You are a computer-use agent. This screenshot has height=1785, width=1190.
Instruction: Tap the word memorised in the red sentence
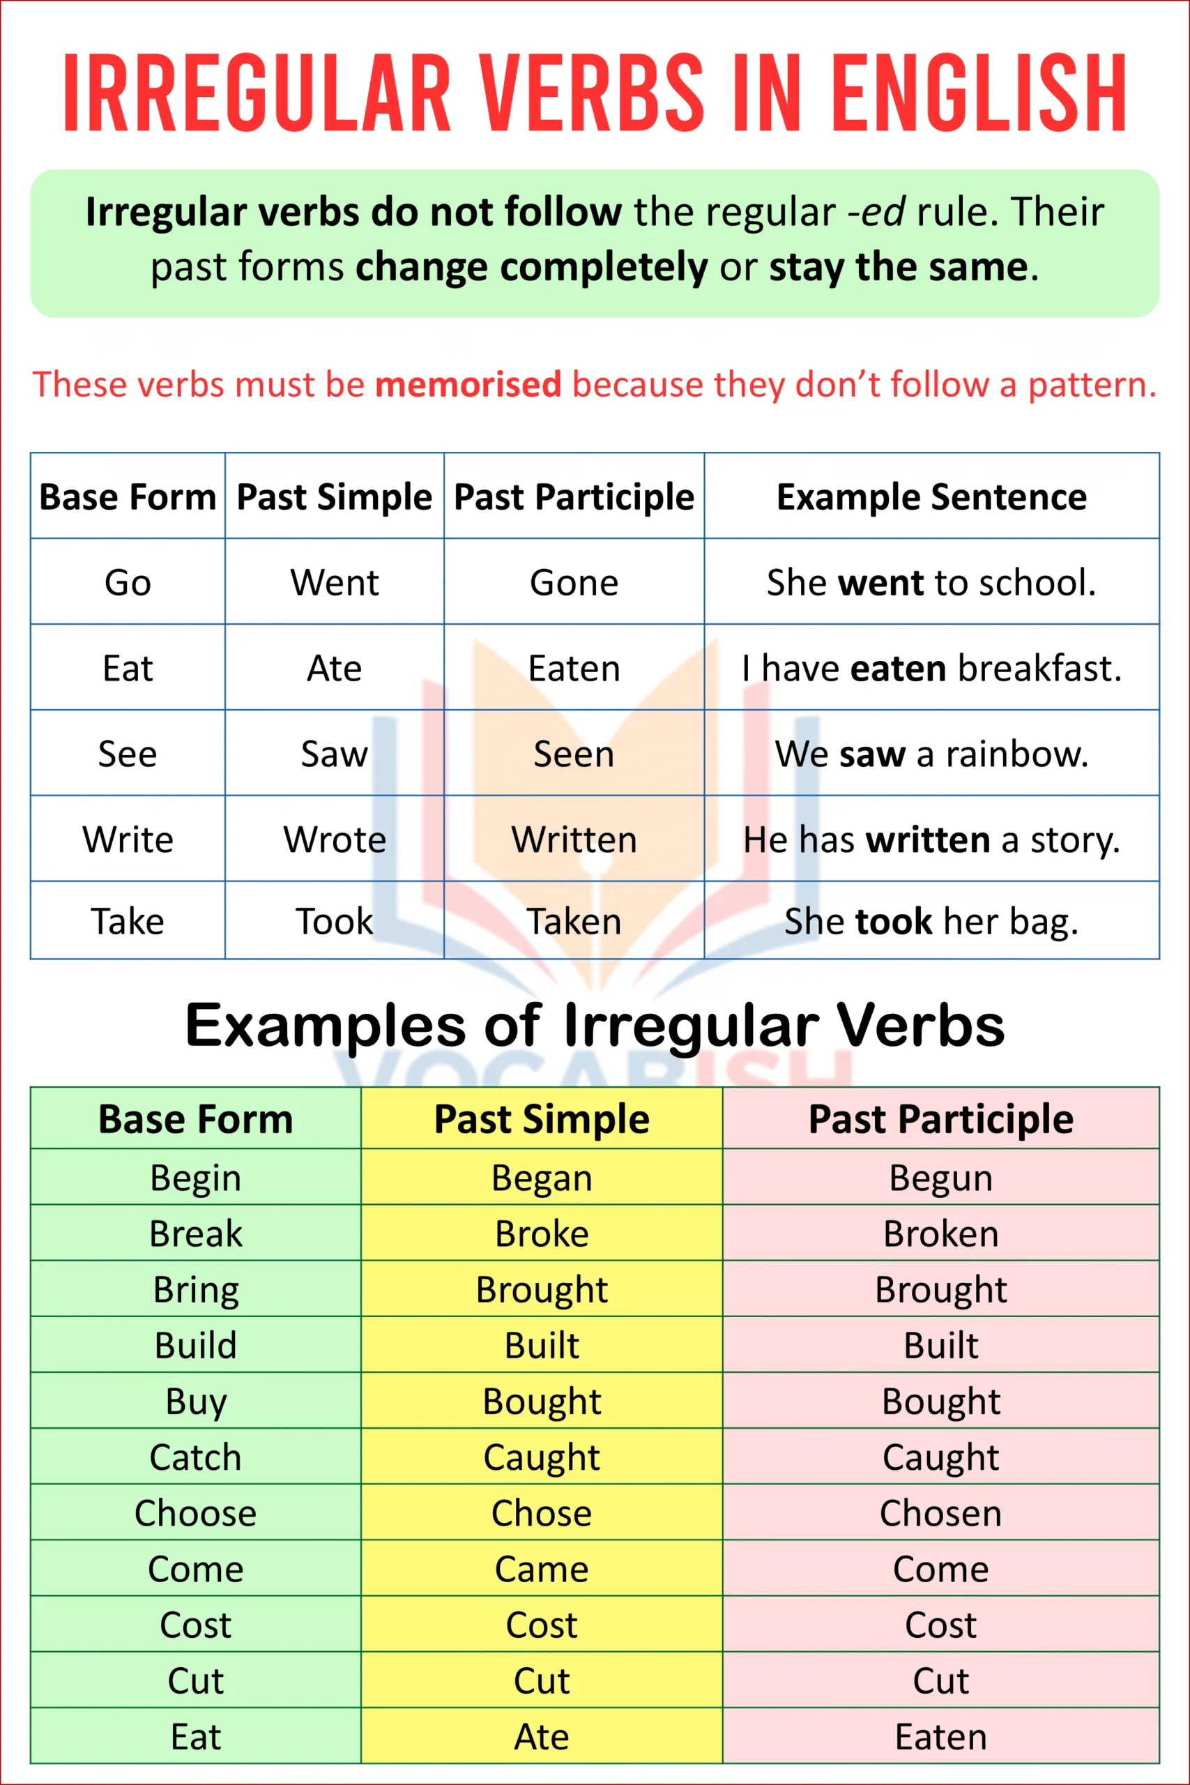click(x=468, y=384)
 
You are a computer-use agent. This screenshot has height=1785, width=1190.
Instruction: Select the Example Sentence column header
click(x=931, y=497)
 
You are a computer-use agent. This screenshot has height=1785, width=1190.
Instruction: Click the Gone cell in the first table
click(x=574, y=583)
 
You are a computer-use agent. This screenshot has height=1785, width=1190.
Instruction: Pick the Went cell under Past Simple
click(x=334, y=583)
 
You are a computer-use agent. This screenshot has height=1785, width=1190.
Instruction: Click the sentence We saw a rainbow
click(x=931, y=754)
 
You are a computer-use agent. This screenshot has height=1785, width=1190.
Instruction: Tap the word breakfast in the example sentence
click(x=1039, y=669)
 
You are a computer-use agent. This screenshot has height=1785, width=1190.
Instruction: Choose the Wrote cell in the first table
click(x=334, y=840)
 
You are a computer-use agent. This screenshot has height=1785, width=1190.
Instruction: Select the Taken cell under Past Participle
click(x=574, y=921)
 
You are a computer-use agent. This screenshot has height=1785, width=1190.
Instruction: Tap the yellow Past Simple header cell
click(x=541, y=1119)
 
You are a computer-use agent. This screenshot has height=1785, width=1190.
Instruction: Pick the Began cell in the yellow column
click(x=541, y=1178)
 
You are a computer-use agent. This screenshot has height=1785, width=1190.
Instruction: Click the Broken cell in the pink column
click(x=940, y=1234)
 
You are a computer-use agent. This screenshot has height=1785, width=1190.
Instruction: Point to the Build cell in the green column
click(x=196, y=1346)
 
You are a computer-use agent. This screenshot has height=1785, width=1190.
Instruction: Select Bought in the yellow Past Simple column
click(x=541, y=1402)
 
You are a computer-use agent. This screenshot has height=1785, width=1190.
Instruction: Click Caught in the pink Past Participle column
click(x=940, y=1457)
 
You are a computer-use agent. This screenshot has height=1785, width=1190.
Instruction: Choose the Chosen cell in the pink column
click(x=940, y=1513)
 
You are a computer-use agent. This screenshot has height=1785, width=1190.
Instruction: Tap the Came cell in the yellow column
click(x=541, y=1570)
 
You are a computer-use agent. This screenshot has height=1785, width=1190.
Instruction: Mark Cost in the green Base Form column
click(x=196, y=1625)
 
